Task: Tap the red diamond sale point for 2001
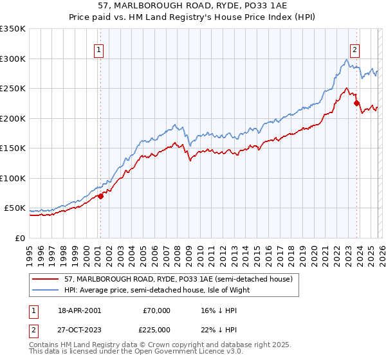click(101, 197)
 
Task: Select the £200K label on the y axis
click(13, 119)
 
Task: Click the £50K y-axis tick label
click(15, 208)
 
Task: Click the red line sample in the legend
click(46, 279)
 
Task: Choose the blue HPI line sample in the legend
click(46, 290)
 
